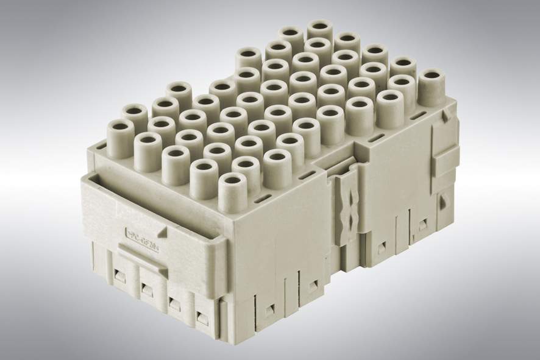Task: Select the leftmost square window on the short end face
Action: coord(120,277)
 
